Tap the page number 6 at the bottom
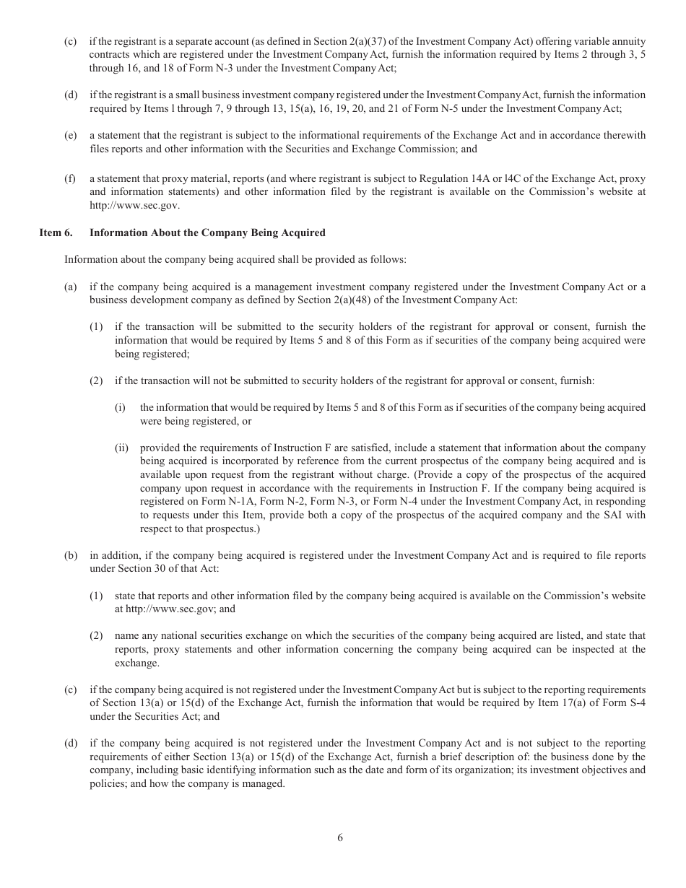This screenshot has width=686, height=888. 340,837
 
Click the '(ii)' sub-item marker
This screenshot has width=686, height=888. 122,448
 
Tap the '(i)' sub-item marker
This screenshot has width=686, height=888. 120,407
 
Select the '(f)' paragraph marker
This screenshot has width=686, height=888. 70,178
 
